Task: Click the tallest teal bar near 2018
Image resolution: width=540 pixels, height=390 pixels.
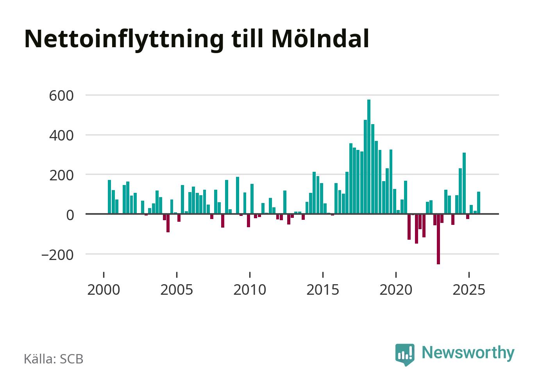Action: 369,156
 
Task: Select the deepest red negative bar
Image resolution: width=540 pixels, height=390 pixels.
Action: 438,239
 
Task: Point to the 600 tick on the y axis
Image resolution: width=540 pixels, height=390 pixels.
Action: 61,96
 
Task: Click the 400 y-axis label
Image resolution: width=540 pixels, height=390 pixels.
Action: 61,135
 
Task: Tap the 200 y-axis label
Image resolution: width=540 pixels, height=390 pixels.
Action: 61,175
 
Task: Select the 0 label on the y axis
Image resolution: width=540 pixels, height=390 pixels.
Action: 70,215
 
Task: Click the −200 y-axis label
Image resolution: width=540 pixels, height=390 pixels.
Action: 57,255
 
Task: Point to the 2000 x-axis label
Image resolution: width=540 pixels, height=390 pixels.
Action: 104,290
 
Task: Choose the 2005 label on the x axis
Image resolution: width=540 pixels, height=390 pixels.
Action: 177,290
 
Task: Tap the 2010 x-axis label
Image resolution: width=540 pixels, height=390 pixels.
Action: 250,290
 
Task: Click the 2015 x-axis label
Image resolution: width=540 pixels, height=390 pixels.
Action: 323,290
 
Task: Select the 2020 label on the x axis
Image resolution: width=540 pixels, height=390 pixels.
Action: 396,290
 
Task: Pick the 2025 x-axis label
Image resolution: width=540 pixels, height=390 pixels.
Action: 469,290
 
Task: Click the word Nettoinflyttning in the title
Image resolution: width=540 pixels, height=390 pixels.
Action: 124,39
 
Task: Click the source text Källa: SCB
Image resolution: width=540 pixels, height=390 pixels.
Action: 54,359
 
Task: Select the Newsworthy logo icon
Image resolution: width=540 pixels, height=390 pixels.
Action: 405,354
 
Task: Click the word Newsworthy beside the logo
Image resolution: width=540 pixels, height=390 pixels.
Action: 468,353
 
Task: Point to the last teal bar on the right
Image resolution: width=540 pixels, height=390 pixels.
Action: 479,203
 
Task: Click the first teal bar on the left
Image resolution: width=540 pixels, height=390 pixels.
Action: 109,197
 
